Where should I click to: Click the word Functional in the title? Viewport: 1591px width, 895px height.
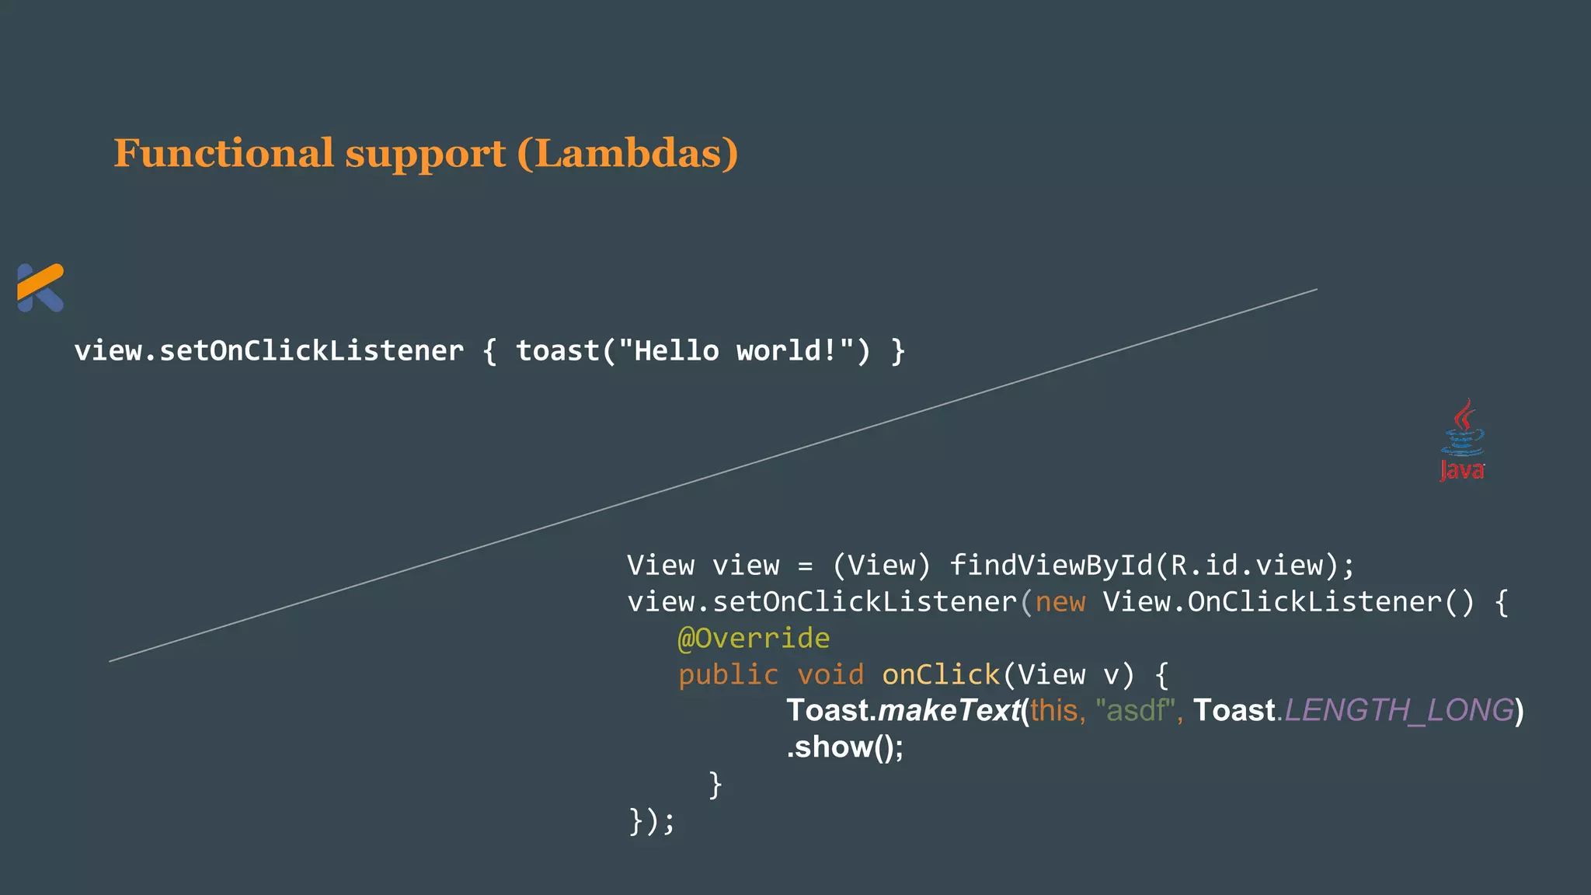pyautogui.click(x=224, y=153)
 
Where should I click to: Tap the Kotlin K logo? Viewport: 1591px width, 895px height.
pyautogui.click(x=40, y=287)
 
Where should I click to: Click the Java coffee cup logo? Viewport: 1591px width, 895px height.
pyautogui.click(x=1462, y=440)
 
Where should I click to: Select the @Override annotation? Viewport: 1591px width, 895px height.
pyautogui.click(x=754, y=639)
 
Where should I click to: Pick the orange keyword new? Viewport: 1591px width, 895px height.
pyautogui.click(x=1060, y=602)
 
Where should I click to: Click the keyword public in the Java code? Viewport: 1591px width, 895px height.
pyautogui.click(x=728, y=674)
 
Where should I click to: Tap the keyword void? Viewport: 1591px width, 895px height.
pyautogui.click(x=830, y=674)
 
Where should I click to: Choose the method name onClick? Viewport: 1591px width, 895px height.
pyautogui.click(x=941, y=674)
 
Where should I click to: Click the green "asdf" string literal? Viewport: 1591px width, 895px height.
pyautogui.click(x=1136, y=711)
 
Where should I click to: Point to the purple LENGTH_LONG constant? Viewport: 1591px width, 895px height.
pyautogui.click(x=1399, y=711)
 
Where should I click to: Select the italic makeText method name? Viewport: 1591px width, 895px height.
pyautogui.click(x=949, y=711)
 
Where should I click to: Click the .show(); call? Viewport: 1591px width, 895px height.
pyautogui.click(x=845, y=747)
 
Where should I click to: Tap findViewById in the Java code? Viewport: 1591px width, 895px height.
pyautogui.click(x=1051, y=566)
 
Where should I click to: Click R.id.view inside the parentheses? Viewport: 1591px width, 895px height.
pyautogui.click(x=1247, y=566)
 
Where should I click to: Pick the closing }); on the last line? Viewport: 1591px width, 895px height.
pyautogui.click(x=651, y=820)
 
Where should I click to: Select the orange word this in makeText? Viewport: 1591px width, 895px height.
pyautogui.click(x=1053, y=711)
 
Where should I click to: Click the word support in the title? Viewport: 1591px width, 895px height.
pyautogui.click(x=425, y=153)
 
